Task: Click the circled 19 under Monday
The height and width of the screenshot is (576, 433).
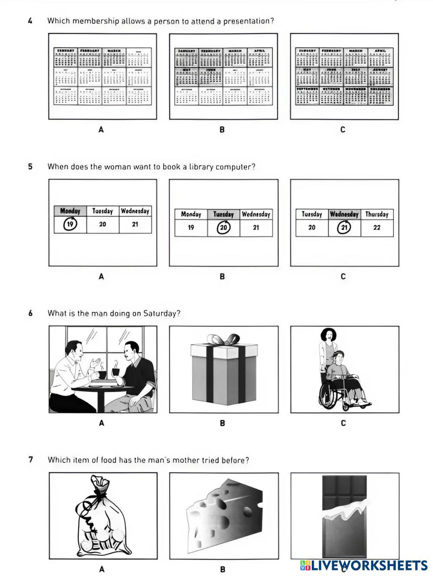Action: click(x=70, y=224)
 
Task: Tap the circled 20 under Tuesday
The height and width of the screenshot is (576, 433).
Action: click(x=223, y=228)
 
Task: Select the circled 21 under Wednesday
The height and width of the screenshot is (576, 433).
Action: click(x=344, y=227)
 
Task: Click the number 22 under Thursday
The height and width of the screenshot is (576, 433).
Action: click(x=377, y=228)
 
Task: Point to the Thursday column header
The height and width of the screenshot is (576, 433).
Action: click(x=377, y=214)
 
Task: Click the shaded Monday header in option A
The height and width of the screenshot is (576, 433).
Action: click(x=70, y=211)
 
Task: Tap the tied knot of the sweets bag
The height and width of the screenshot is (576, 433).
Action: click(x=99, y=492)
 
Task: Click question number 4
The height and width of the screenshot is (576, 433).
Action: click(x=30, y=21)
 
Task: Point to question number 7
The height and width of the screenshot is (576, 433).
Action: click(x=30, y=460)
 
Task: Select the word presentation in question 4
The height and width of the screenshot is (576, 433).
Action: click(x=248, y=21)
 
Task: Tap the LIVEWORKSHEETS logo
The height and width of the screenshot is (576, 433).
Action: click(x=364, y=565)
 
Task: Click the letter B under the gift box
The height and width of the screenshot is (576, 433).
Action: click(x=223, y=423)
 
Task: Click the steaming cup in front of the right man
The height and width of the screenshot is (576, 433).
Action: click(x=116, y=371)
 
